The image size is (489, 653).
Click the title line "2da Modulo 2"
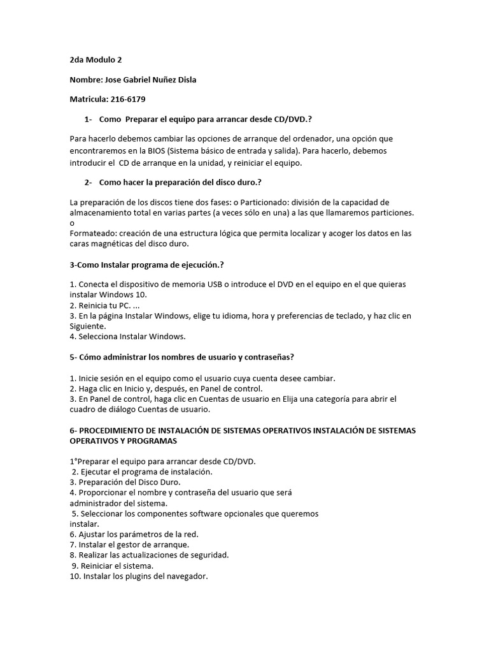coord(96,61)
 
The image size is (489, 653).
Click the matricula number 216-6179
coord(132,100)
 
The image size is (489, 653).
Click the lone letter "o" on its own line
coord(72,223)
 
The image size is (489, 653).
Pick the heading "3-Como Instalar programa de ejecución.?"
coord(147,263)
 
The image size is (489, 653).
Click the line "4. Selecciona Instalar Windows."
coord(127,336)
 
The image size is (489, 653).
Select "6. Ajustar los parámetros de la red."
coord(134,534)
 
